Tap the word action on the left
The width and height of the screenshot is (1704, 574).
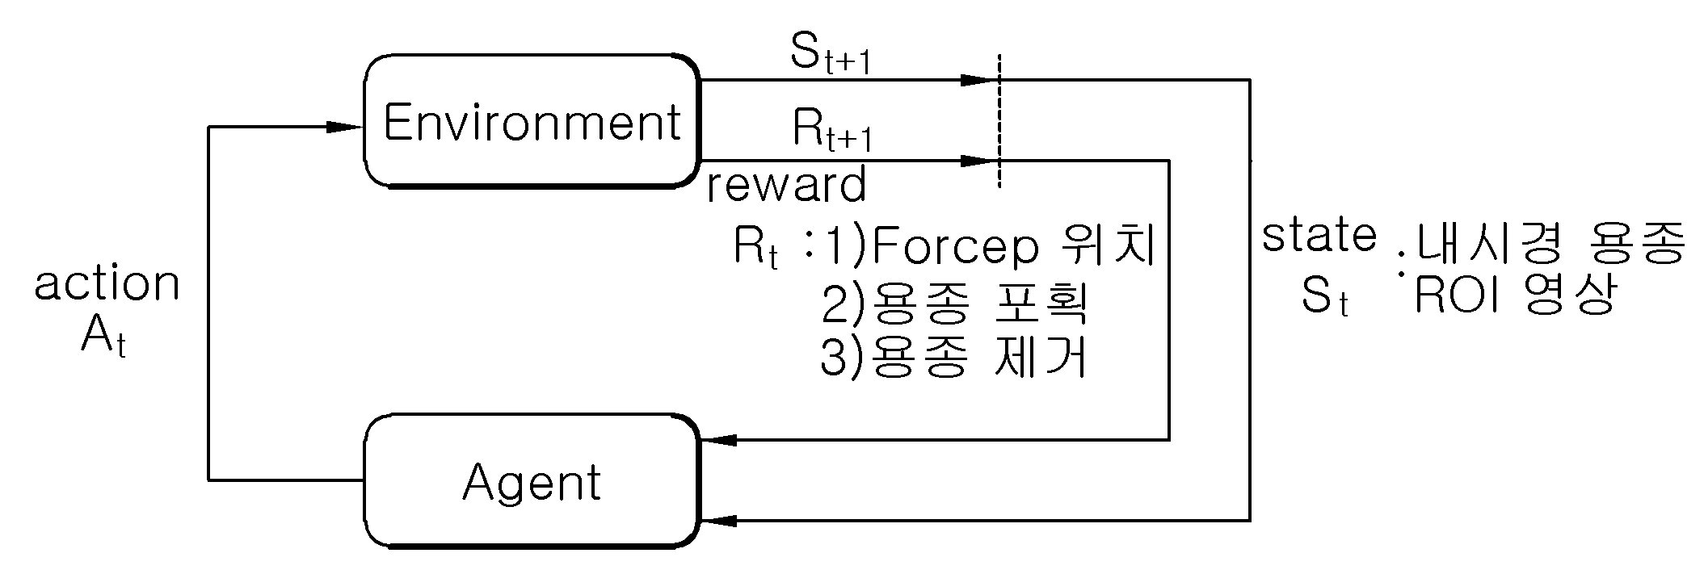[107, 284]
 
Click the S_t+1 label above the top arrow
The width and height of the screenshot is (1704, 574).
[830, 54]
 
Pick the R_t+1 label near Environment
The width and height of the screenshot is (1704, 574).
[832, 131]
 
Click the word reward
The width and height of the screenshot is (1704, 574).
[786, 185]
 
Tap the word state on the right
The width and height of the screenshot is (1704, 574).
[1319, 236]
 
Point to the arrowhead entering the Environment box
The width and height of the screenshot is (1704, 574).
[344, 127]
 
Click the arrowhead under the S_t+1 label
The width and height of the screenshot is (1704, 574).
[979, 80]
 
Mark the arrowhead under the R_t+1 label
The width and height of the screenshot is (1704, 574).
[979, 161]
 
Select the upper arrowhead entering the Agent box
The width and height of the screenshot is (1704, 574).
[719, 440]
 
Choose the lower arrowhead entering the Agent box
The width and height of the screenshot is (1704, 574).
[719, 521]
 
